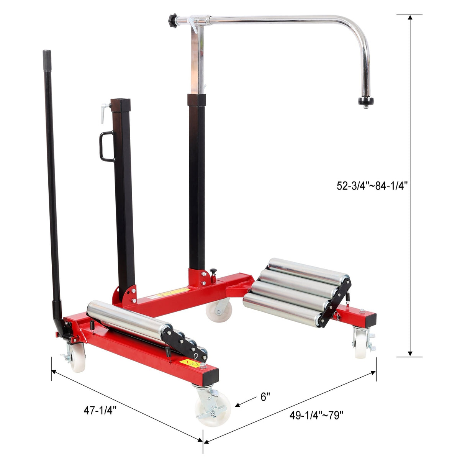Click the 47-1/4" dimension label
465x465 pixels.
pyautogui.click(x=100, y=410)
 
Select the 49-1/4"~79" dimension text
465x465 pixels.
pyautogui.click(x=317, y=416)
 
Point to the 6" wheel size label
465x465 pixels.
pyautogui.click(x=265, y=397)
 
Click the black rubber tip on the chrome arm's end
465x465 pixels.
pyautogui.click(x=366, y=102)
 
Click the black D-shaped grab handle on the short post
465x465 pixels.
pyautogui.click(x=106, y=146)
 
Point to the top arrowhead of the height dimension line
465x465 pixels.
pyautogui.click(x=410, y=18)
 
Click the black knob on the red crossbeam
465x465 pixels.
pyautogui.click(x=213, y=272)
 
